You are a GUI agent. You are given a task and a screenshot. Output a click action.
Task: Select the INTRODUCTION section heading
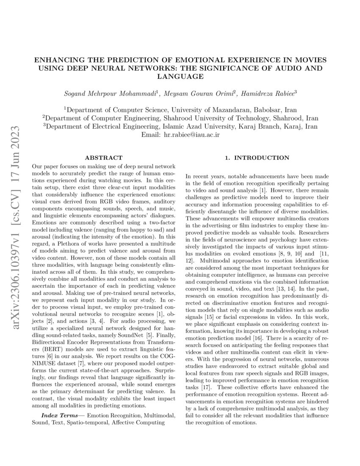[x=257, y=158]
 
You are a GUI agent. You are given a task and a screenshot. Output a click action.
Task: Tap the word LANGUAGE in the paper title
[x=180, y=77]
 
